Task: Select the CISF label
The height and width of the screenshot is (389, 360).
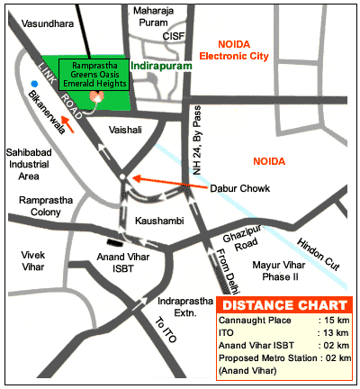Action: (174, 36)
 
